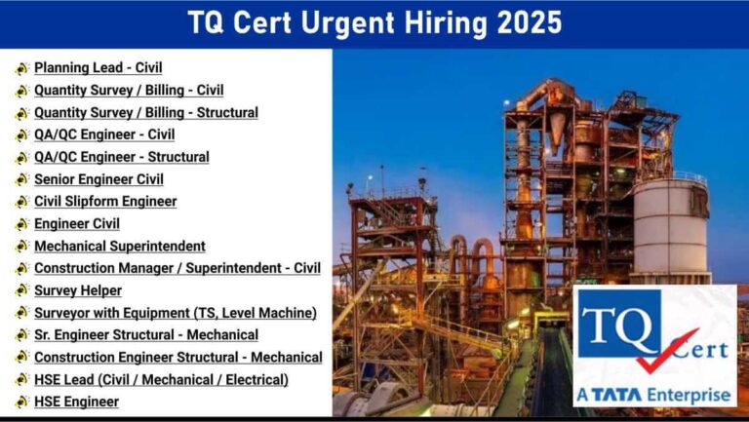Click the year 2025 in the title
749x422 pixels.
tap(530, 23)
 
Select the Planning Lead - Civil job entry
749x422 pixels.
tap(99, 68)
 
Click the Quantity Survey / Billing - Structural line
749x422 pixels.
tap(146, 113)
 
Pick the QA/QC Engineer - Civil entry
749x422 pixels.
tap(104, 134)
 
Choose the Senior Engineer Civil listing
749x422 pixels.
tap(99, 179)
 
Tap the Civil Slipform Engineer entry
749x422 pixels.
tap(105, 202)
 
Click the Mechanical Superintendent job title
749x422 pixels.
tap(120, 247)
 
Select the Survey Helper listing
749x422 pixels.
tap(78, 290)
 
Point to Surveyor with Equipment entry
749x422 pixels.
tap(176, 313)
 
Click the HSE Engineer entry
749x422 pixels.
tap(76, 402)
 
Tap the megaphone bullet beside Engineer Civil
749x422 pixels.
tap(21, 224)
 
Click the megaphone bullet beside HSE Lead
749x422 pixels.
tap(21, 380)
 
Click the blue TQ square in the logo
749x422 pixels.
tap(619, 324)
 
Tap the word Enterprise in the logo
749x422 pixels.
tap(689, 396)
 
